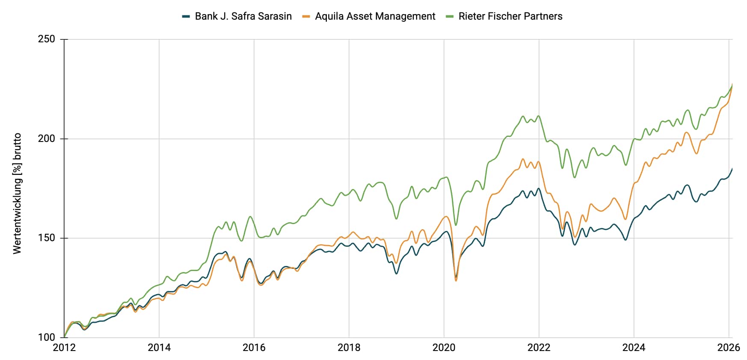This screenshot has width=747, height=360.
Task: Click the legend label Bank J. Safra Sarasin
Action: pyautogui.click(x=243, y=16)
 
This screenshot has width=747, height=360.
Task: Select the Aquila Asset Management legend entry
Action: pyautogui.click(x=375, y=16)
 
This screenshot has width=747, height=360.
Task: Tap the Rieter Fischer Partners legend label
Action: pyautogui.click(x=510, y=16)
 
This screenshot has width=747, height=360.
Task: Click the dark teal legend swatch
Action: pyautogui.click(x=186, y=16)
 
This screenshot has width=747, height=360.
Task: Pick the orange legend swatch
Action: pyautogui.click(x=305, y=16)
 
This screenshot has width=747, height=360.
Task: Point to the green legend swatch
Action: pyautogui.click(x=449, y=16)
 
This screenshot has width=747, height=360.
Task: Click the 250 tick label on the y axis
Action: pyautogui.click(x=47, y=39)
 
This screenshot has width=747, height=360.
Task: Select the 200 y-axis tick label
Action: pyautogui.click(x=47, y=139)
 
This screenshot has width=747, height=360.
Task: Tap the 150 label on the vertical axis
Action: pyautogui.click(x=47, y=238)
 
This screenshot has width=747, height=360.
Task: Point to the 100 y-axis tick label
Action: pyautogui.click(x=47, y=337)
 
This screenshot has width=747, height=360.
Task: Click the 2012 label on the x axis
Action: pyautogui.click(x=64, y=347)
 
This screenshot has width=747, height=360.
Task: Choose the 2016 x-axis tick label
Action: pyautogui.click(x=254, y=347)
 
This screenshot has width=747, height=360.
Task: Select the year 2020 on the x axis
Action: pyautogui.click(x=444, y=347)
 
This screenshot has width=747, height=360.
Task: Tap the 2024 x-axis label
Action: pyautogui.click(x=634, y=347)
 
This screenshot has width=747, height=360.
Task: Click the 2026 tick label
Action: pyautogui.click(x=728, y=347)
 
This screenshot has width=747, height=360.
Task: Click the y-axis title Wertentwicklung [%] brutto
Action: pyautogui.click(x=17, y=193)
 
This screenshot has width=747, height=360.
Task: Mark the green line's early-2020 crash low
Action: pyautogui.click(x=456, y=225)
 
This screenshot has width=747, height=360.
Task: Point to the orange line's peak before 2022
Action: pyautogui.click(x=523, y=159)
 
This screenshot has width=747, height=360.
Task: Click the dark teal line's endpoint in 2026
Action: pyautogui.click(x=732, y=168)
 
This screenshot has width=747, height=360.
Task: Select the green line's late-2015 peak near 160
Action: pyautogui.click(x=250, y=216)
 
